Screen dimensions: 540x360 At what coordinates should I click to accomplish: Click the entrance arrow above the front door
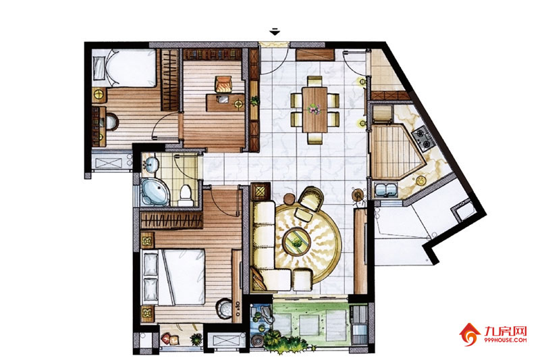point(275,31)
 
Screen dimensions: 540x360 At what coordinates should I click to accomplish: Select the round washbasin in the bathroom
point(151,163)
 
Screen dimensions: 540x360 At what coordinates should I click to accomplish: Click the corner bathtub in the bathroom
point(154,192)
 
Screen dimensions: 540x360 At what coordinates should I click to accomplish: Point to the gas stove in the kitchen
point(423,138)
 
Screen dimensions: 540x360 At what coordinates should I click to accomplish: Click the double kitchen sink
point(386,190)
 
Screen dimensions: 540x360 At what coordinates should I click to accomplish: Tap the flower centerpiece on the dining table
point(314,109)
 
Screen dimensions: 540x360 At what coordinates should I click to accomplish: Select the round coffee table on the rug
point(296,241)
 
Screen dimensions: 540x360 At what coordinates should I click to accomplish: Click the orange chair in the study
point(223,84)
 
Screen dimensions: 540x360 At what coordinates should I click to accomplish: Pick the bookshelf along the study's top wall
point(212,54)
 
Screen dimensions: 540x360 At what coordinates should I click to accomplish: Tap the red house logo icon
point(469,334)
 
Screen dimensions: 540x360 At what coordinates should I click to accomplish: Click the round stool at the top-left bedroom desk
point(111,122)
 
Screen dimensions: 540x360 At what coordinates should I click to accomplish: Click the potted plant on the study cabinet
point(254,100)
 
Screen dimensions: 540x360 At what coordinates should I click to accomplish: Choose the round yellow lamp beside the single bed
point(99,95)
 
